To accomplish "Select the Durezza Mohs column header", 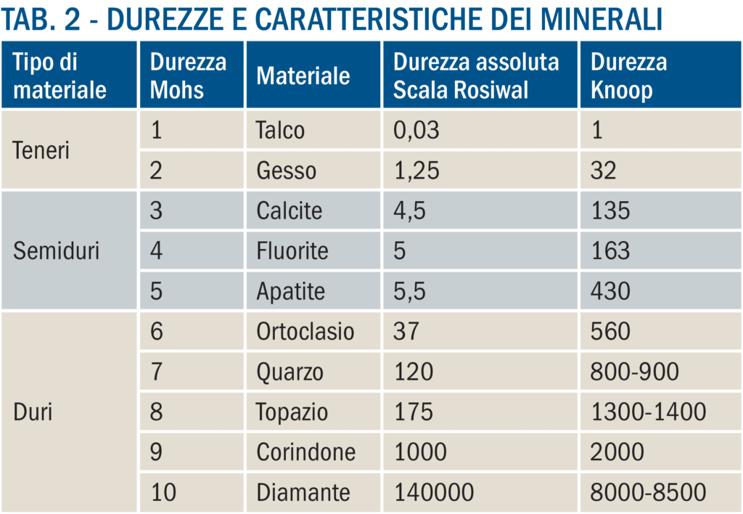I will pos(188,76).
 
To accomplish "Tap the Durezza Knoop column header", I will pos(628,76).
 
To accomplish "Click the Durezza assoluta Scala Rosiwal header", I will pos(476,76).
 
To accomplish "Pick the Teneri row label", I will pos(41,150).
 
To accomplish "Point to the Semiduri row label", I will pos(57,251).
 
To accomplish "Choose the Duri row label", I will pos(33,412).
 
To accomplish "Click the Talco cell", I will pos(280,131).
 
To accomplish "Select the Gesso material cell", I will pos(286,171).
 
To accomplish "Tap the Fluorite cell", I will pos(292,251).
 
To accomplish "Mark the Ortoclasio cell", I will pos(305,332).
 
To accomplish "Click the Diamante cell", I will pos(303,492).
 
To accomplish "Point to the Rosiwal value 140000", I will pos(434,492).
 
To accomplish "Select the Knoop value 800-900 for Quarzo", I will pos(635,372).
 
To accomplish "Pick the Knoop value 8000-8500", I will pos(648,492).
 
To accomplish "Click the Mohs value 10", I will pos(163,492).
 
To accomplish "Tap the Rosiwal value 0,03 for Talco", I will pos(416,131).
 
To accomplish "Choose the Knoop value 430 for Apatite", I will pos(610,292).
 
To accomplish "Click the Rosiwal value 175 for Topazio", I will pos(414,412).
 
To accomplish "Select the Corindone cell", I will pos(305,452).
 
